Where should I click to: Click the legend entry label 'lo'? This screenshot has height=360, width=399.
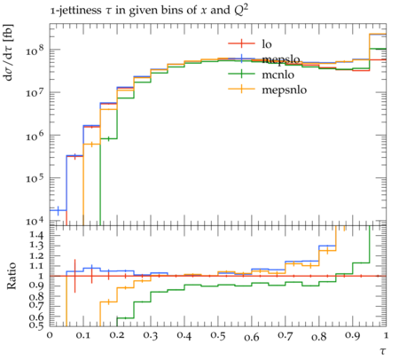(x=267, y=44)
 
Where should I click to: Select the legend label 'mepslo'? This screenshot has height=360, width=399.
(x=281, y=59)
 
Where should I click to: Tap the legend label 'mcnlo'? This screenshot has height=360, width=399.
(x=278, y=74)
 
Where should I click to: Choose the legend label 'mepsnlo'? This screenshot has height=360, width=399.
(x=285, y=90)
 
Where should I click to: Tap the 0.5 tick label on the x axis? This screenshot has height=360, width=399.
(x=218, y=335)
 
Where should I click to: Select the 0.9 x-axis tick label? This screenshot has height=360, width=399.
(x=353, y=335)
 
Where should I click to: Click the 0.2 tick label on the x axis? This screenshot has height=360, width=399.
(x=117, y=335)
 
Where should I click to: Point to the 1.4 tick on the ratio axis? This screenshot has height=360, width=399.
(x=36, y=235)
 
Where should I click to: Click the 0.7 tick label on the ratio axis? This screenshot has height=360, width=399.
(x=36, y=304)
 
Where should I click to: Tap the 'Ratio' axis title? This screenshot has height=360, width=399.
(x=12, y=276)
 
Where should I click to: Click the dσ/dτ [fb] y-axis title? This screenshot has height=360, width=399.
(x=8, y=52)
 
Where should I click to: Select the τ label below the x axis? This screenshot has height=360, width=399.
(x=383, y=351)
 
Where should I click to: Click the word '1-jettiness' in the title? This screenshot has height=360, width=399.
(x=75, y=11)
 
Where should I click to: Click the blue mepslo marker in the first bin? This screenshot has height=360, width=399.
(x=58, y=210)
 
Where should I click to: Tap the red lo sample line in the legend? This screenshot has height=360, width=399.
(x=241, y=44)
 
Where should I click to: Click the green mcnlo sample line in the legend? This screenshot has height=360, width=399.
(x=241, y=74)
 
